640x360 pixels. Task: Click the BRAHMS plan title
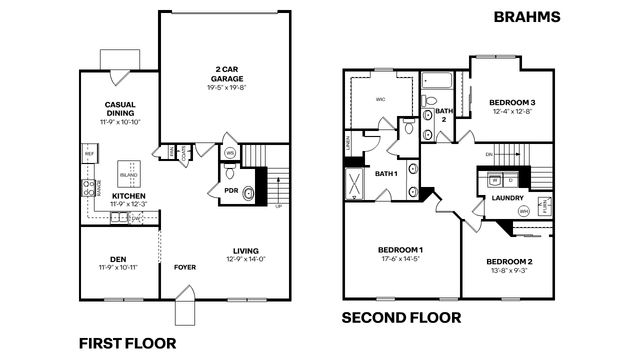527,17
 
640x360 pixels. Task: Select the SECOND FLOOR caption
401,318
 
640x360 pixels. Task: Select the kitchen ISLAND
128,170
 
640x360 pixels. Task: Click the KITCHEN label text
128,196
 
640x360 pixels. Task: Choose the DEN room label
118,259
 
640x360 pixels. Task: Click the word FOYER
185,268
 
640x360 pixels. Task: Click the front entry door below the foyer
185,305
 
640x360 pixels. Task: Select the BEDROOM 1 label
401,249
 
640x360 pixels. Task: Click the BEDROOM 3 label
511,103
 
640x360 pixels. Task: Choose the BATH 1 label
386,173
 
